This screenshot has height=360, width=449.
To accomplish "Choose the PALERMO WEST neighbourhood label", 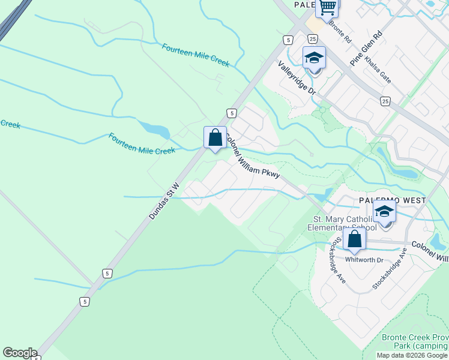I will tap(393, 200).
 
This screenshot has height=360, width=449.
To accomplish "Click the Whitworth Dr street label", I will tap(364, 260).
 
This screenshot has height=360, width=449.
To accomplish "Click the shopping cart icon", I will tap(328, 8).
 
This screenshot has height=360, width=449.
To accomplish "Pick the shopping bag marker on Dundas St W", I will tap(215, 137).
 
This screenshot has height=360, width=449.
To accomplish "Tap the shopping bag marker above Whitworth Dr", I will tap(355, 239).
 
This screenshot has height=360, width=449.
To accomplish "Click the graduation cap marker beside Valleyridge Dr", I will tap(314, 58).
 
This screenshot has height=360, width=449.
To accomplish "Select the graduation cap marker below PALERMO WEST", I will tap(384, 212).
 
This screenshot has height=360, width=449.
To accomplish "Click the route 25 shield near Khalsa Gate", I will tap(385, 101).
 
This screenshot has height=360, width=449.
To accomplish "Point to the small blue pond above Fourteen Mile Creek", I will tap(154, 129).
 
